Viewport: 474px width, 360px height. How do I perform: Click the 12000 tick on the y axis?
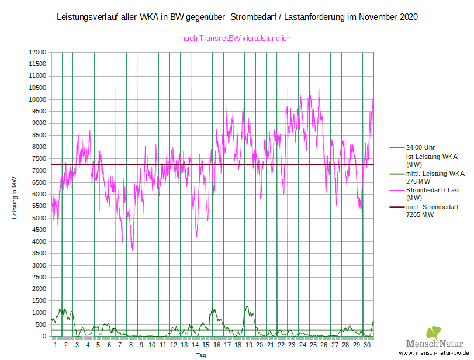click(x=37, y=52)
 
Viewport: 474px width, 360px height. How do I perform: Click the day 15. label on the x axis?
click(x=206, y=345)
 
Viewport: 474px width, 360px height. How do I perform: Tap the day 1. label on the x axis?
click(x=56, y=345)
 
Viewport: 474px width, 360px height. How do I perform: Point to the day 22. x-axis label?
click(x=282, y=345)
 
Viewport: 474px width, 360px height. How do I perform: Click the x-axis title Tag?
click(x=200, y=355)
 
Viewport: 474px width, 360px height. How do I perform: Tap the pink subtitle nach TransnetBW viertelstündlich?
click(x=236, y=38)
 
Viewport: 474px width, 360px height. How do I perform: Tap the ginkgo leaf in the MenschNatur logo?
click(x=434, y=333)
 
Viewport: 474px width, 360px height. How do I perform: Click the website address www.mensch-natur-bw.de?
click(x=435, y=354)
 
